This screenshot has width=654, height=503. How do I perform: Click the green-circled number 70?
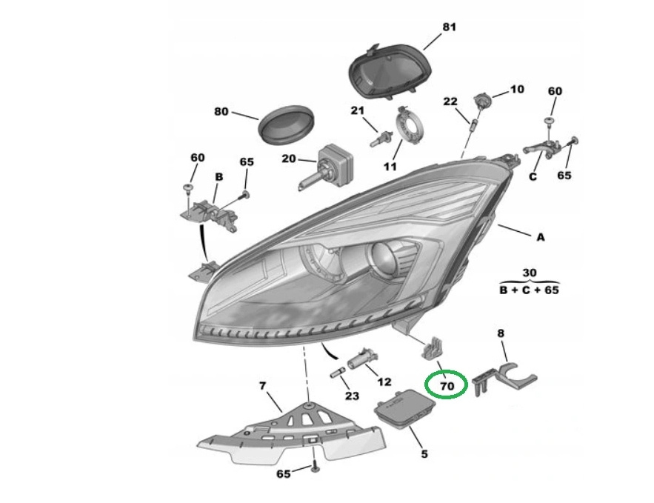(446, 385)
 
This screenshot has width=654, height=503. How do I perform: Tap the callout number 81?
(449, 27)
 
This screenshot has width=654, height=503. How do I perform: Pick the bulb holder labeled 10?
(482, 101)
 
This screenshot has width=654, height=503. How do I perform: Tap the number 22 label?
(450, 101)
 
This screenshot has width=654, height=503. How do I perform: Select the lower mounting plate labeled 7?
(289, 437)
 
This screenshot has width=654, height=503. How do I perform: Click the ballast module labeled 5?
(401, 408)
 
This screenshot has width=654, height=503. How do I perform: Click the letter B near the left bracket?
(218, 177)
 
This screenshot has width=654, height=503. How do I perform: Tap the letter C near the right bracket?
(532, 176)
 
